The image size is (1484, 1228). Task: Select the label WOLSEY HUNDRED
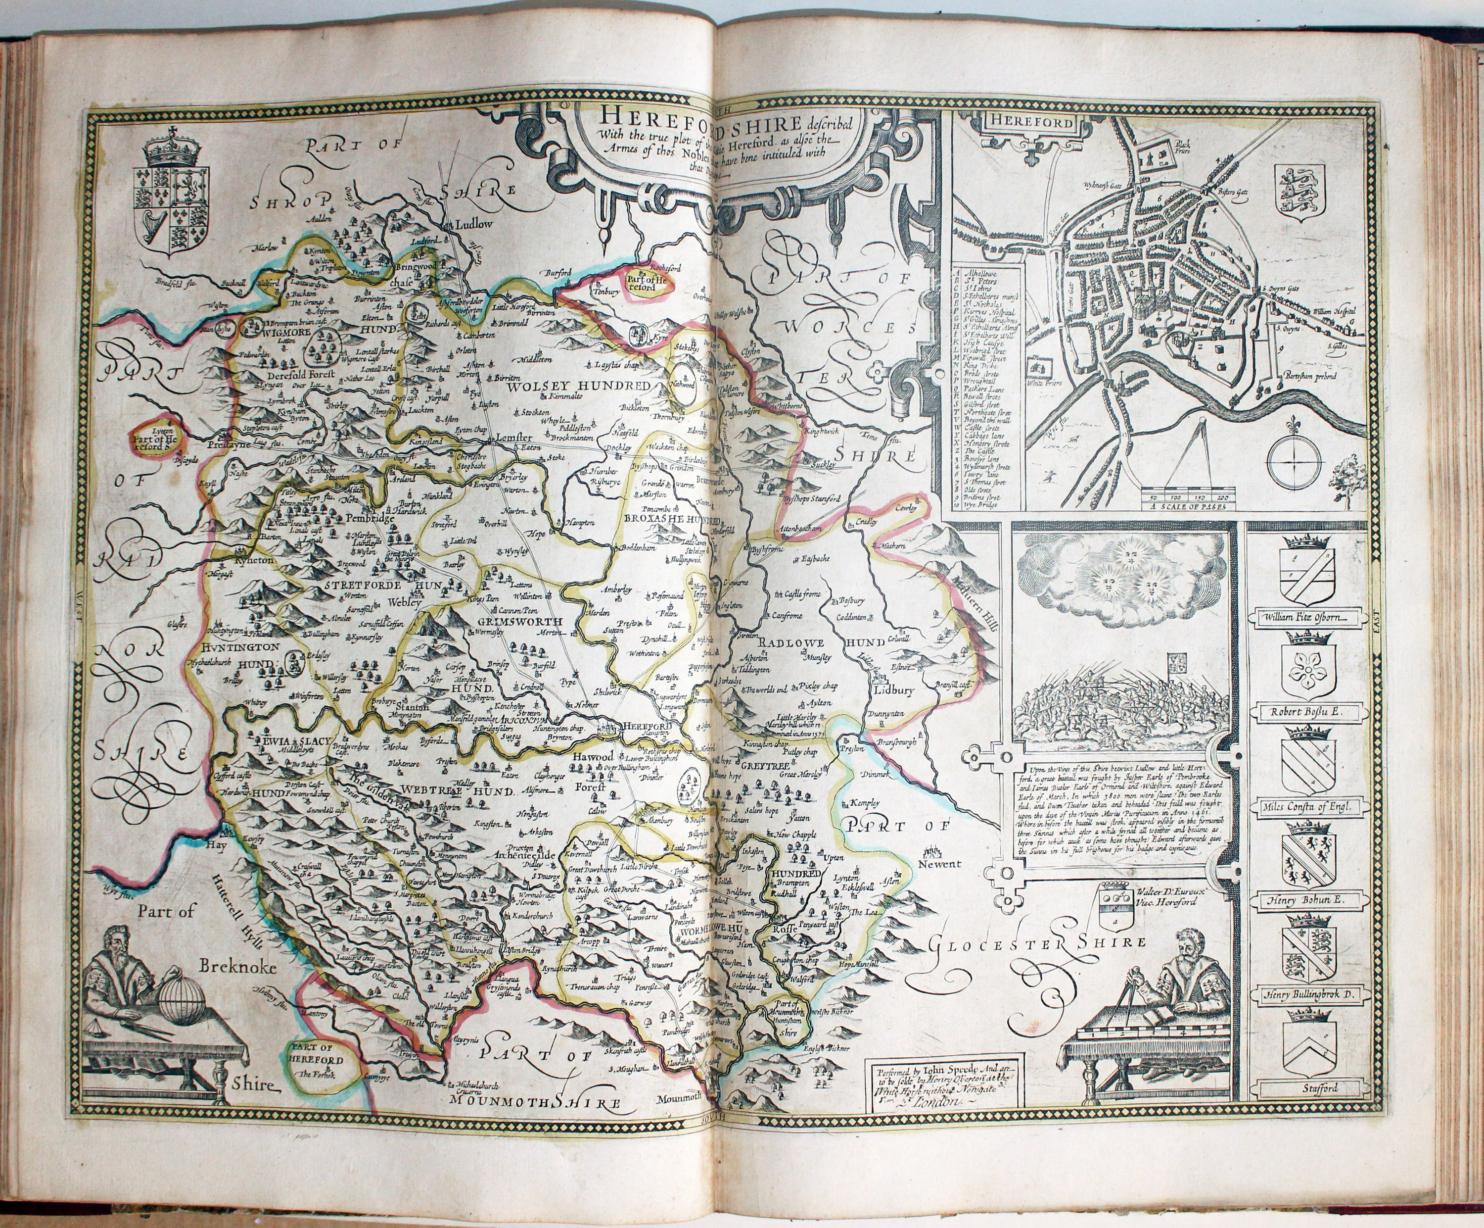point(577,387)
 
